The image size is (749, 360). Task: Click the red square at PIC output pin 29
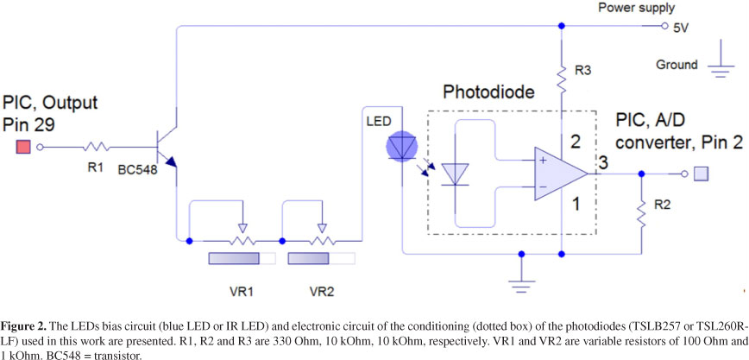[x=23, y=147]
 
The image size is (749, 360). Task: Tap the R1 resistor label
[x=95, y=167]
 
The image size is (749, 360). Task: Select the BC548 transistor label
[x=137, y=170]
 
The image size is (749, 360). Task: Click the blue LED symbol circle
[x=401, y=146]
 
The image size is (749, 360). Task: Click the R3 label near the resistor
[x=582, y=71]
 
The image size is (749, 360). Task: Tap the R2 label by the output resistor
[x=662, y=205]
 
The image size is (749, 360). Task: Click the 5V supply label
[x=680, y=28]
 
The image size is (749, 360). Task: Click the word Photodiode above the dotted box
[x=488, y=92]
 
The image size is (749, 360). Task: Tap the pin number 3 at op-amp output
[x=604, y=163]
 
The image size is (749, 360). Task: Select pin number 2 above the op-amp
[x=576, y=142]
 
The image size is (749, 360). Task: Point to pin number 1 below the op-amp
[x=576, y=205]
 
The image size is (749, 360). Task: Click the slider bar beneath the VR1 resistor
[x=242, y=258]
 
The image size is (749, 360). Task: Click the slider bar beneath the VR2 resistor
[x=322, y=258]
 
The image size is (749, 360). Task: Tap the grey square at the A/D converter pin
[x=702, y=174]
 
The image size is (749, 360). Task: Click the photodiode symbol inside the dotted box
[x=455, y=174]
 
